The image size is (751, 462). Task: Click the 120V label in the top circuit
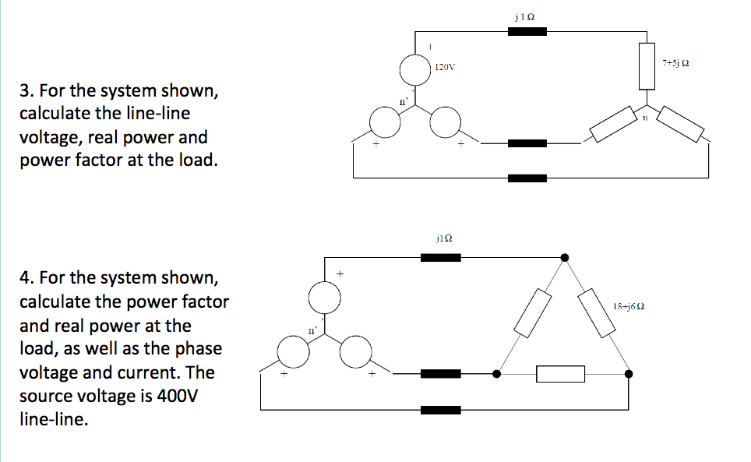click(445, 68)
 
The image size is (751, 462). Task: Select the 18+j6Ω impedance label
click(628, 306)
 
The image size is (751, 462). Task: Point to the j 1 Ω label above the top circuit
click(525, 14)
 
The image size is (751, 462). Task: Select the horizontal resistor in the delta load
click(561, 374)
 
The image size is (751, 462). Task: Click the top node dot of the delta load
click(565, 257)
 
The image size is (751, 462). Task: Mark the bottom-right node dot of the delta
click(629, 374)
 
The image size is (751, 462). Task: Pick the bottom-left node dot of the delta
click(497, 374)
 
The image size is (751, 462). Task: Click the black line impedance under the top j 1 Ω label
click(527, 32)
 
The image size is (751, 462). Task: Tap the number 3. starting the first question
click(26, 90)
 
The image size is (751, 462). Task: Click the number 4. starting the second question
click(26, 278)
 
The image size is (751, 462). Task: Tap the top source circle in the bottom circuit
click(324, 296)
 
